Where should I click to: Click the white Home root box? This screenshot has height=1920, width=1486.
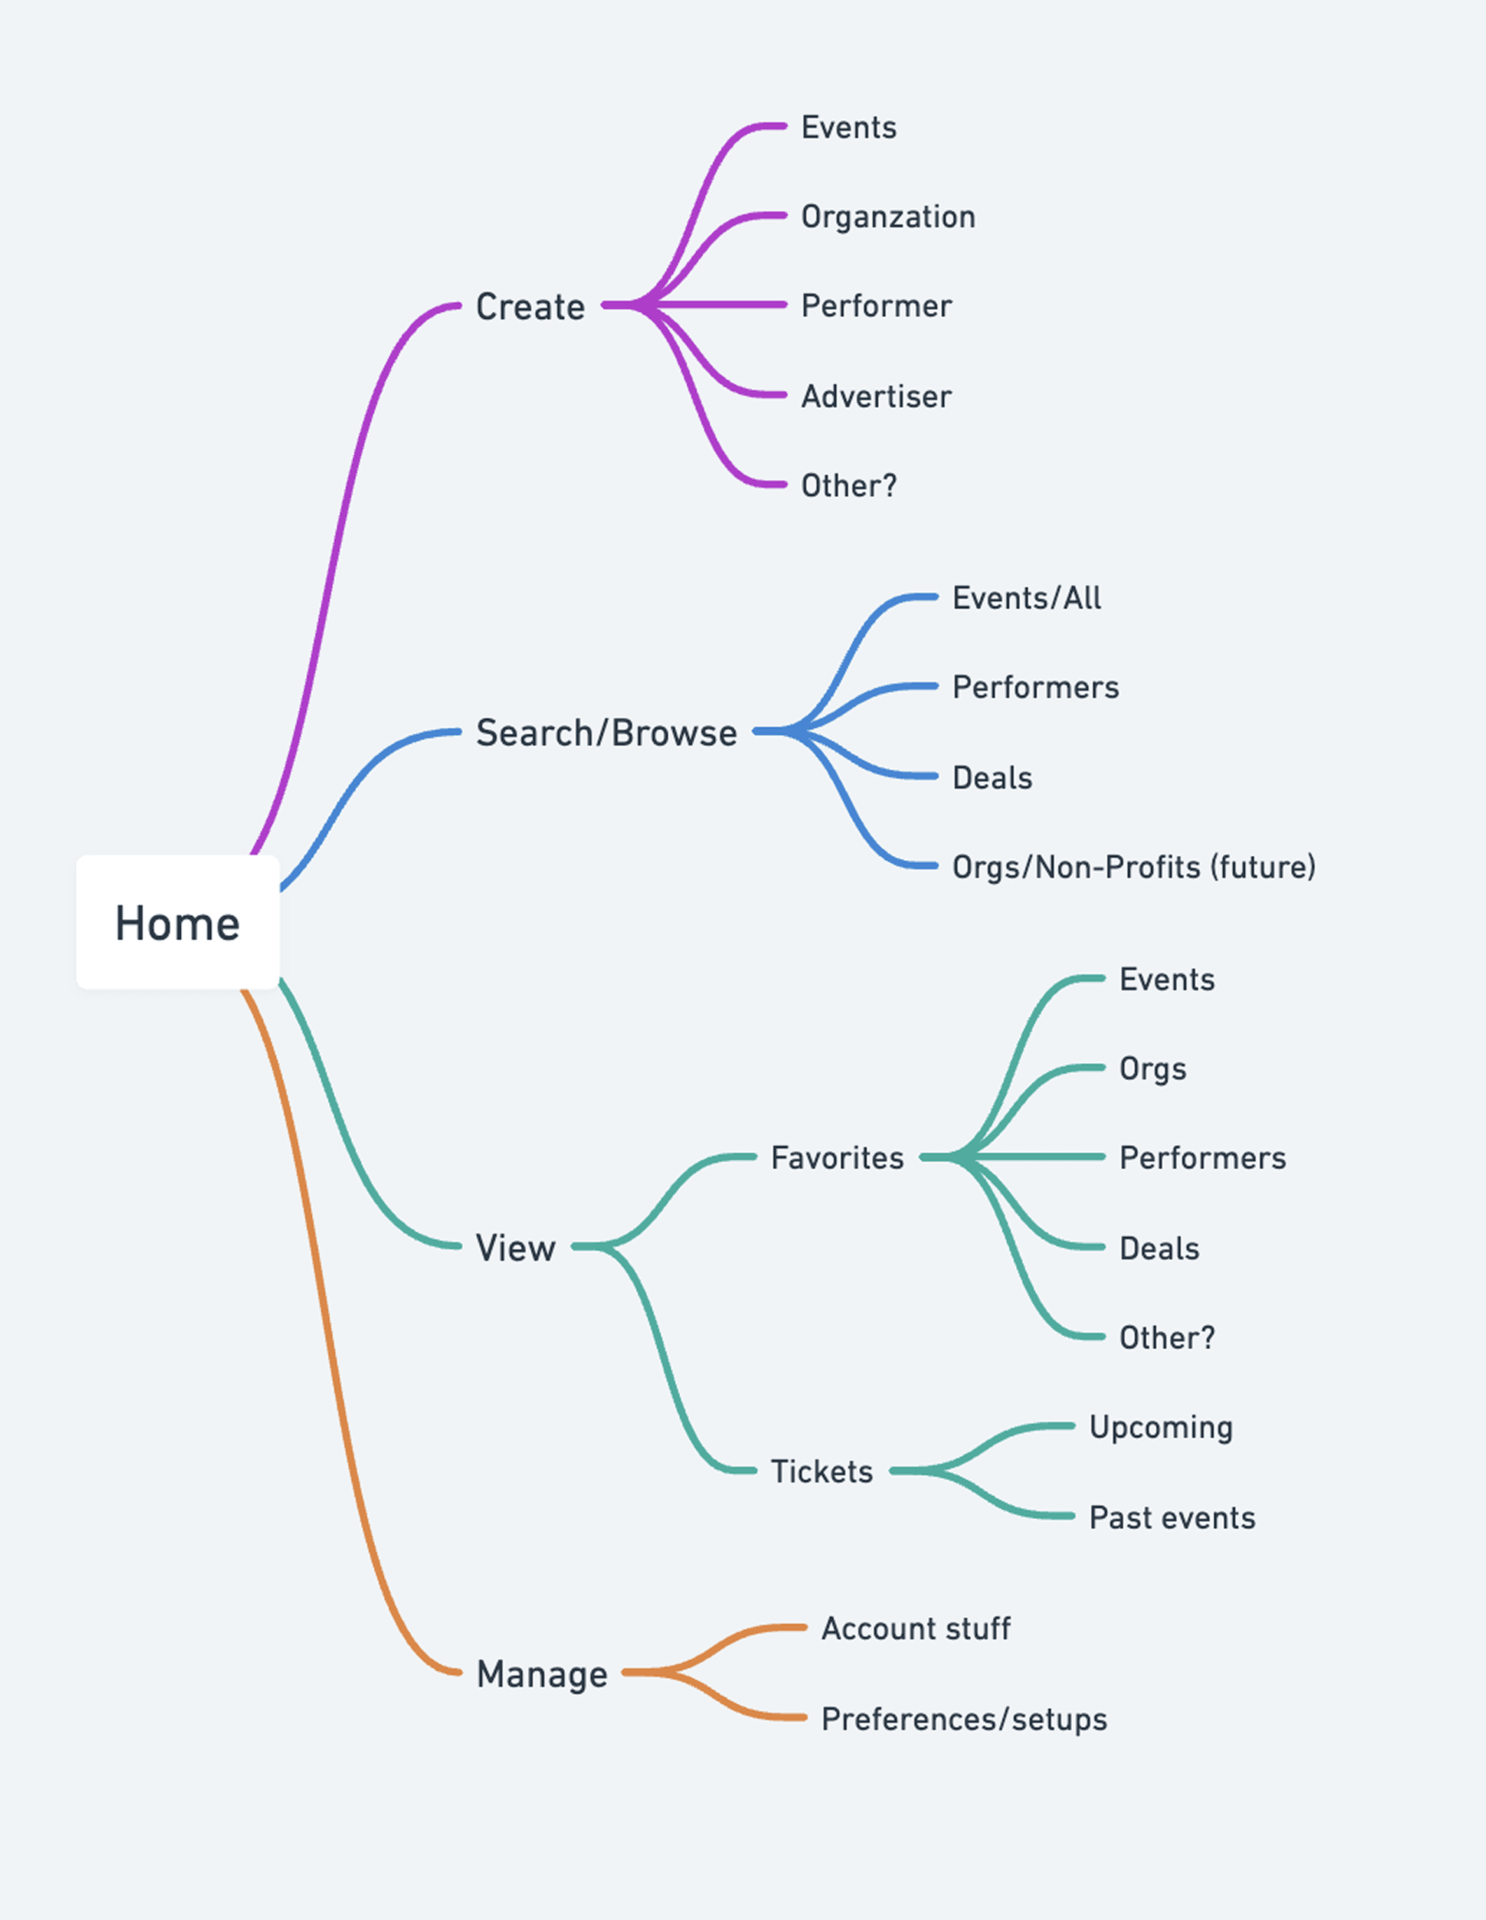(178, 922)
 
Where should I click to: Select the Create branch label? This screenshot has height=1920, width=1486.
(530, 307)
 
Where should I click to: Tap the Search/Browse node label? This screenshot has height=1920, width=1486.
(606, 732)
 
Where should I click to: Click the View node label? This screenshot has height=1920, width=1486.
(515, 1248)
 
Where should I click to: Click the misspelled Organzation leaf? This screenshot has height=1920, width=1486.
(888, 216)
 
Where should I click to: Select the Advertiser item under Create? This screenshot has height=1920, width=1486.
(876, 396)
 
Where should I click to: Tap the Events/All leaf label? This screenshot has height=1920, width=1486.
(1026, 598)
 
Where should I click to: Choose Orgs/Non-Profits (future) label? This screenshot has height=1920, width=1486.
(1133, 867)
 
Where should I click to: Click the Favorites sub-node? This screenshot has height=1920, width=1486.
(837, 1158)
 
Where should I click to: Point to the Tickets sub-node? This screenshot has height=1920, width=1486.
(821, 1471)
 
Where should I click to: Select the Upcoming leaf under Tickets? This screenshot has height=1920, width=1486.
(1161, 1427)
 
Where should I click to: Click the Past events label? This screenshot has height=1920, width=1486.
(1171, 1517)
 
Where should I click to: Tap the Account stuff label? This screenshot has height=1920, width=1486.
(915, 1628)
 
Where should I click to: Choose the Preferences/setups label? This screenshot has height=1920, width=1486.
(964, 1719)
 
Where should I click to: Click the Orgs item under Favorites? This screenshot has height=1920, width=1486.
(1152, 1069)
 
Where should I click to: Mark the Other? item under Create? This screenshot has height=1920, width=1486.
(848, 485)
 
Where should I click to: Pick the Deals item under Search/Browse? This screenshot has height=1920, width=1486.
(992, 778)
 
